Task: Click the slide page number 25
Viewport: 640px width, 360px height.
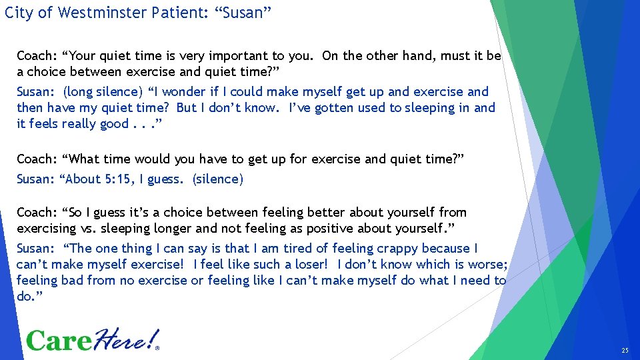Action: (624, 350)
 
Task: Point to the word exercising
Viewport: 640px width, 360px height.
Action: (47, 228)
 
